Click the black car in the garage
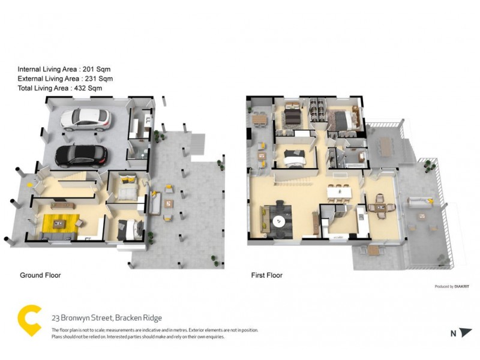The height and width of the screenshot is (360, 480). click(82, 156)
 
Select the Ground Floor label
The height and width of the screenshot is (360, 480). click(40, 275)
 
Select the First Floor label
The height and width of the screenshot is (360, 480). click(266, 275)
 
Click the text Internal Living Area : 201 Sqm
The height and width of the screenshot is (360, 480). click(64, 69)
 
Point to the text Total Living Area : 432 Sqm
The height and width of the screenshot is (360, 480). click(59, 88)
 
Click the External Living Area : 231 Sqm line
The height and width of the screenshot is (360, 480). click(65, 79)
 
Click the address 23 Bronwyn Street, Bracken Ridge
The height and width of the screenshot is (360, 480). click(107, 318)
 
